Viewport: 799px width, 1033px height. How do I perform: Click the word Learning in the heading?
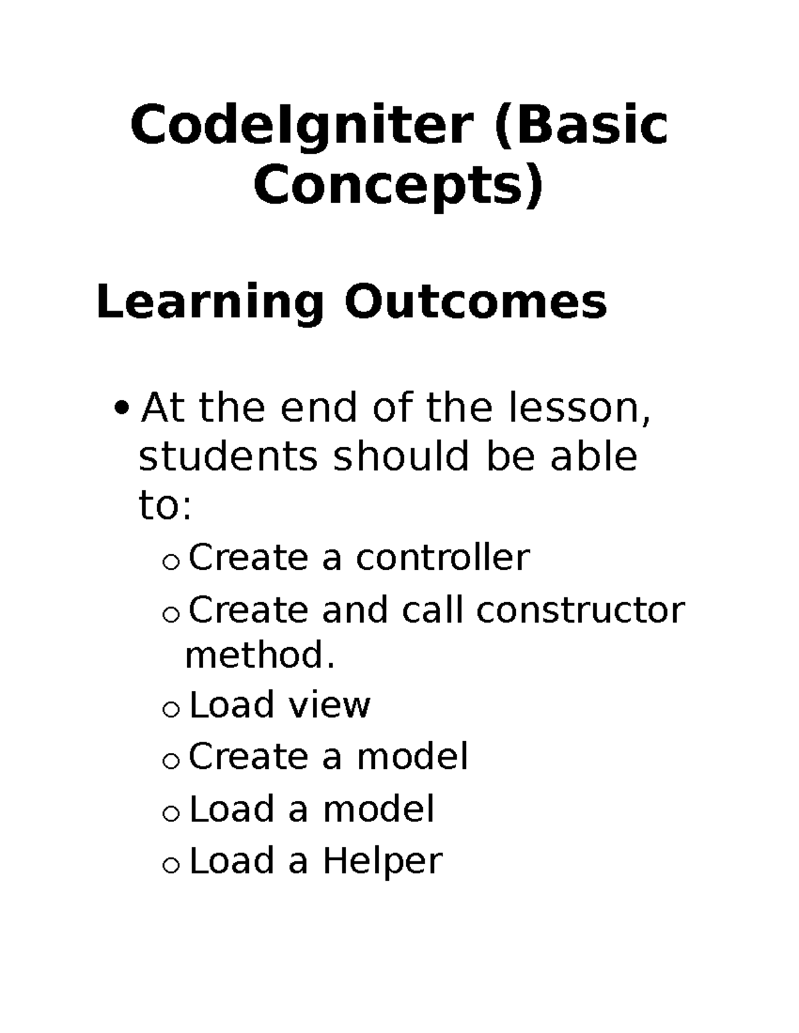(211, 303)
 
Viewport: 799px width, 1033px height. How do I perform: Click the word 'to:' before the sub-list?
(165, 507)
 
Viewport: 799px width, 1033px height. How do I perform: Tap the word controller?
(443, 557)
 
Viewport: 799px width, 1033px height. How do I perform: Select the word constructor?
(580, 609)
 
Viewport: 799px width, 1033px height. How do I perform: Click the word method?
(259, 656)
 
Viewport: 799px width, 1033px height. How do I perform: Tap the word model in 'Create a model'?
(412, 757)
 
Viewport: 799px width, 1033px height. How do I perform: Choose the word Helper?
(382, 861)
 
